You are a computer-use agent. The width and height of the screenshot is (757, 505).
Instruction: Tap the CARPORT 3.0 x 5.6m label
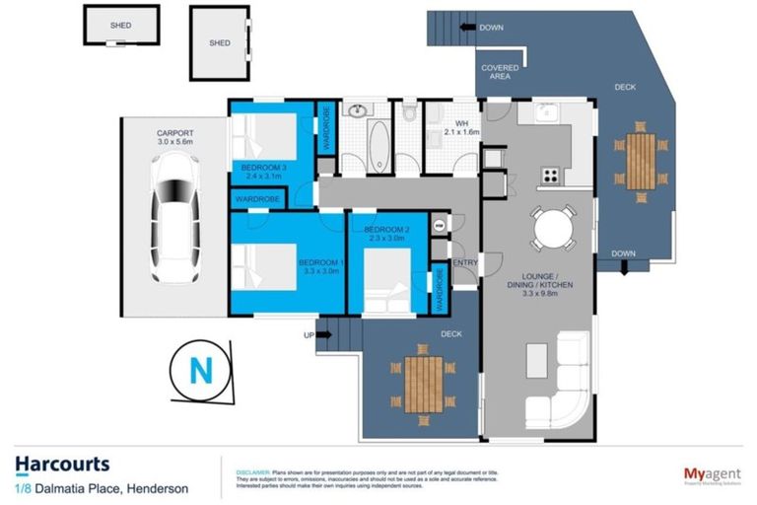click(x=173, y=138)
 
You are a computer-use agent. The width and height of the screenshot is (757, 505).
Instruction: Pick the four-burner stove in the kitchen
click(x=549, y=176)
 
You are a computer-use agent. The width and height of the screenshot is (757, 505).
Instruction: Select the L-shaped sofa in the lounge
click(x=559, y=379)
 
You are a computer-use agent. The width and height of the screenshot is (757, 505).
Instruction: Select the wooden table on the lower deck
click(x=423, y=383)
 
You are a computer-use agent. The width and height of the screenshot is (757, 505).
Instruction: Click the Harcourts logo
click(x=62, y=464)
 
